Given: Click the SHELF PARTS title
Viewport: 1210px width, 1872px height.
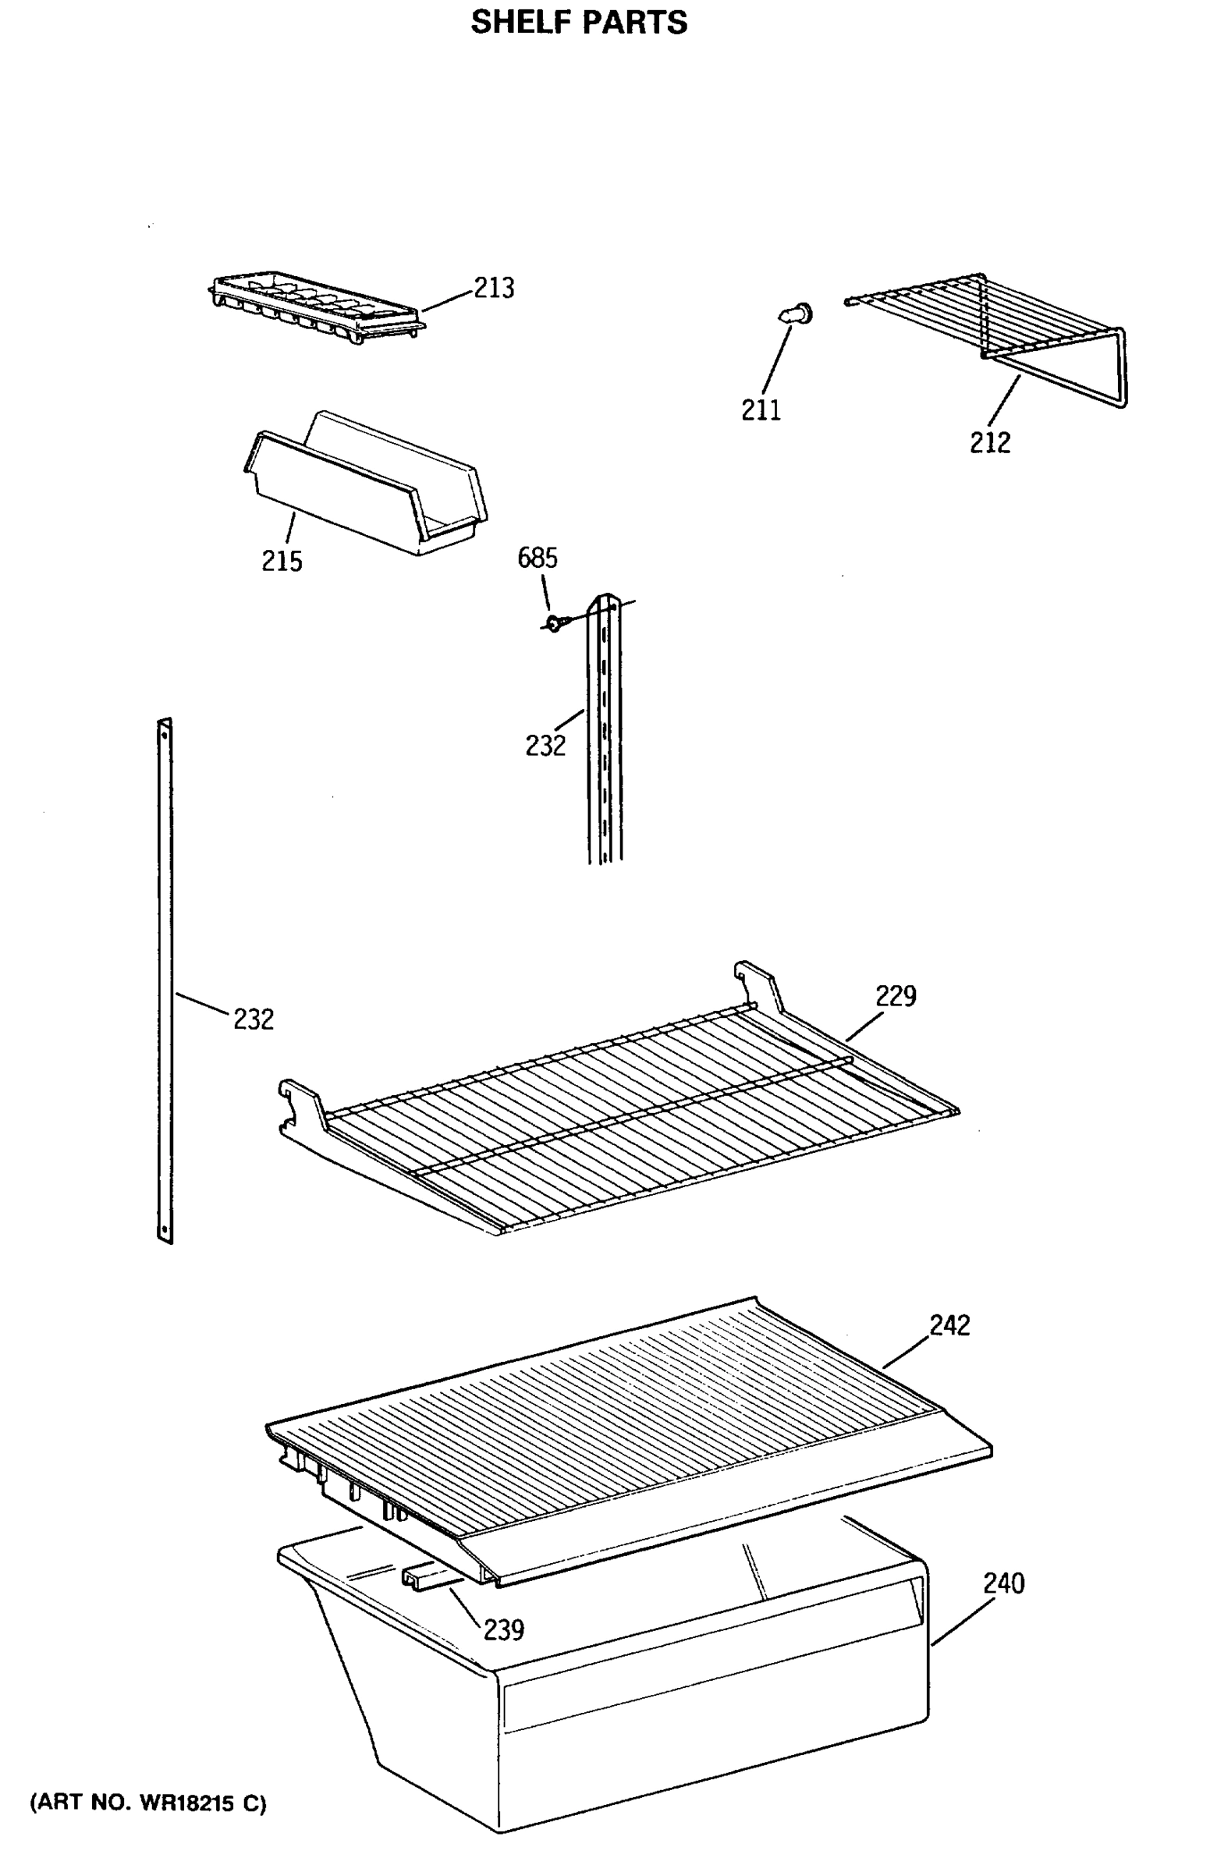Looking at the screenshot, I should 579,23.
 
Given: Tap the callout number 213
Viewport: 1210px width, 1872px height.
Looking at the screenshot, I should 493,289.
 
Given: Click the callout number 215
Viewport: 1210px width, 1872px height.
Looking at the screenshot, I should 282,561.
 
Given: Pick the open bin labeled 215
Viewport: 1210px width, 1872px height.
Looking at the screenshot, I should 365,483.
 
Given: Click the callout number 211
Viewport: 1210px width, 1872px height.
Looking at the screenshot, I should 761,409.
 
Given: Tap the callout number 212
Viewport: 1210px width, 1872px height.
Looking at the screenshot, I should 989,443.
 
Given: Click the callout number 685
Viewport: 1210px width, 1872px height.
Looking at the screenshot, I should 538,558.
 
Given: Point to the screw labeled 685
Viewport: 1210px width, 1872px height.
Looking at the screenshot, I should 555,623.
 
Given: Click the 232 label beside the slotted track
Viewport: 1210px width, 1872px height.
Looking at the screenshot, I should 545,745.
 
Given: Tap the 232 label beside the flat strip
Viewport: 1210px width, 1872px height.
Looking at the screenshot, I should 253,1019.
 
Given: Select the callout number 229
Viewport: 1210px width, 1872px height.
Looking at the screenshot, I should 896,996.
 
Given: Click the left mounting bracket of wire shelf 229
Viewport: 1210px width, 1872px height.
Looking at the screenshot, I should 303,1104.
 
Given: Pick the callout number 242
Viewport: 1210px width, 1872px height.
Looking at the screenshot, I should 949,1325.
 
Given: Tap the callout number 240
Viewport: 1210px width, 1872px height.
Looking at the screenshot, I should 1003,1583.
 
